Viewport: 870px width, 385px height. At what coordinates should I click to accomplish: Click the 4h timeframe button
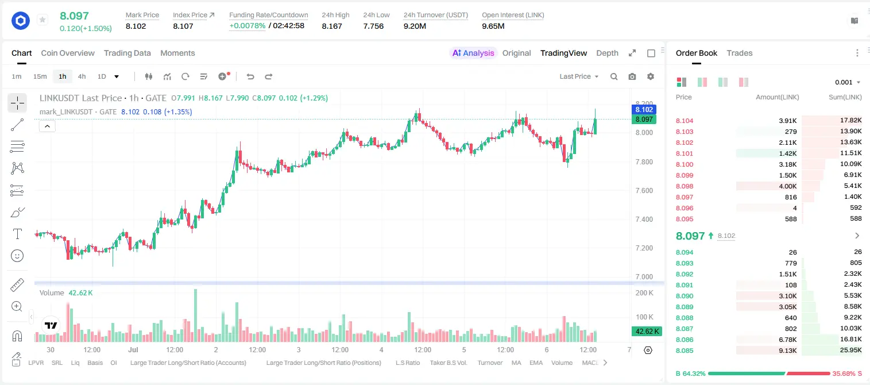click(x=82, y=76)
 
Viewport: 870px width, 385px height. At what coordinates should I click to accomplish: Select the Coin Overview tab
click(x=68, y=53)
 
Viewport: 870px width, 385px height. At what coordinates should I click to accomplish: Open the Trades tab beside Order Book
click(x=739, y=53)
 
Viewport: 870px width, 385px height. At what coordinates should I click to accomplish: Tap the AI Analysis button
click(x=473, y=53)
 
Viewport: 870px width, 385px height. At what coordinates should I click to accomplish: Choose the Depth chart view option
click(x=607, y=53)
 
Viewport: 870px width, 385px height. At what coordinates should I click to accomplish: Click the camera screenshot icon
click(x=632, y=76)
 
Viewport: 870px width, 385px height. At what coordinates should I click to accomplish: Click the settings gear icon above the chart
click(x=651, y=76)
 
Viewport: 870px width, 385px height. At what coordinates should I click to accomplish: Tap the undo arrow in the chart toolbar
click(x=250, y=76)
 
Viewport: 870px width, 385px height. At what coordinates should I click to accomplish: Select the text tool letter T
click(x=17, y=234)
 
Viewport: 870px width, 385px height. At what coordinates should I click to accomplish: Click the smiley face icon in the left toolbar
click(x=17, y=256)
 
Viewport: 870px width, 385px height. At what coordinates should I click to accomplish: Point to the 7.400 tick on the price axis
click(x=644, y=219)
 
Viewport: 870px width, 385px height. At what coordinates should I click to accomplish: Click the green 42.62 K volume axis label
click(x=647, y=332)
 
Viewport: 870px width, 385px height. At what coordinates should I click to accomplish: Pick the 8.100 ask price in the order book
click(x=685, y=164)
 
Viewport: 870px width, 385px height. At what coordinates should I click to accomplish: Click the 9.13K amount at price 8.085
click(x=788, y=351)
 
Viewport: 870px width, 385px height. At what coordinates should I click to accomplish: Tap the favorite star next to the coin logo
click(x=42, y=20)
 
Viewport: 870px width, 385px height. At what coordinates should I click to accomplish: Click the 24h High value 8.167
click(x=332, y=26)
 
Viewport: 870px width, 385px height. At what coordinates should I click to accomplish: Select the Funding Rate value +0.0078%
click(x=247, y=26)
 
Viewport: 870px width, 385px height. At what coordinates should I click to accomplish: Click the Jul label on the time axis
click(x=133, y=349)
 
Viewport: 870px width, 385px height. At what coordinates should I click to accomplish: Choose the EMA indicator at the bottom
click(x=536, y=363)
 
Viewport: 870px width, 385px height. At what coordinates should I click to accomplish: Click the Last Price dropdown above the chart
click(x=579, y=76)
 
